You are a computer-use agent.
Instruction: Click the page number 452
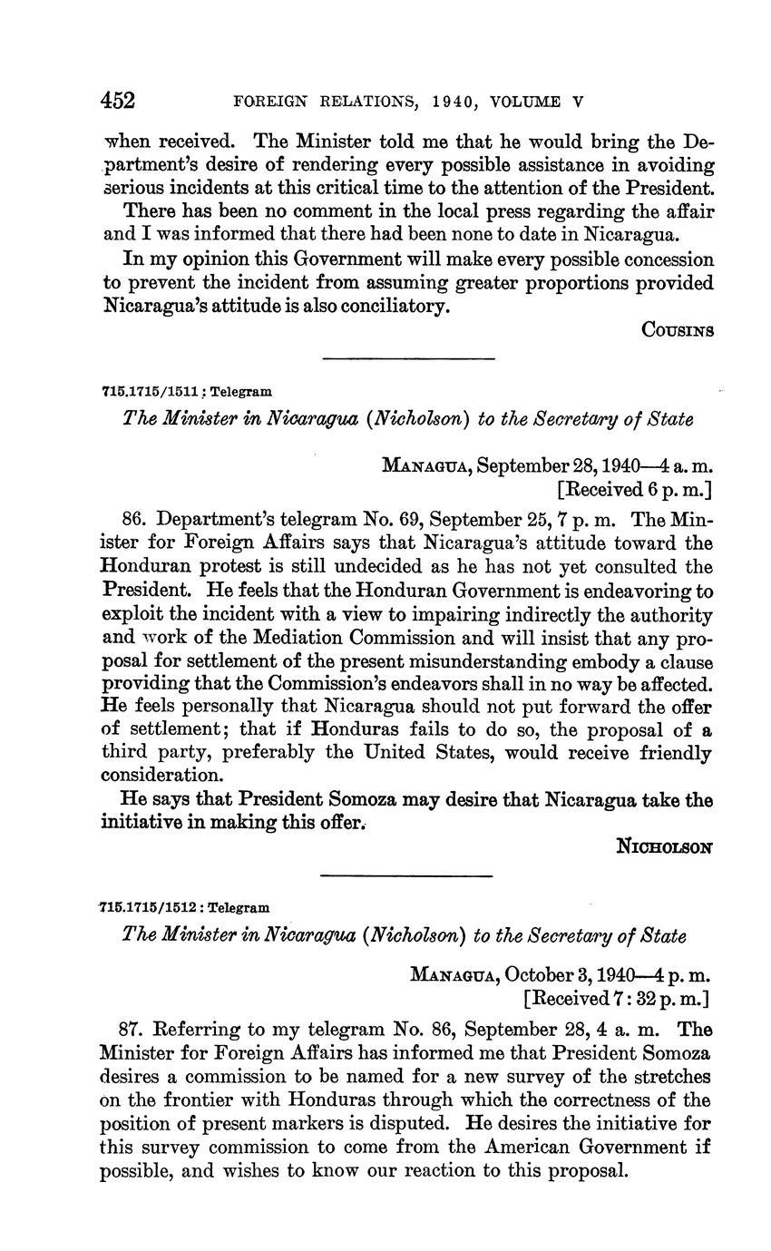[119, 100]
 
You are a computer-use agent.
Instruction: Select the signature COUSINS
[678, 330]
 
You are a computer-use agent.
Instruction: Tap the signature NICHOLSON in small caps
[665, 846]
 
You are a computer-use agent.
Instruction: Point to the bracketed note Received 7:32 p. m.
[617, 999]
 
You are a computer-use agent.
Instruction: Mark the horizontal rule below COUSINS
[408, 359]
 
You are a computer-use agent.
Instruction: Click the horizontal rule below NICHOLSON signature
[406, 875]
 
